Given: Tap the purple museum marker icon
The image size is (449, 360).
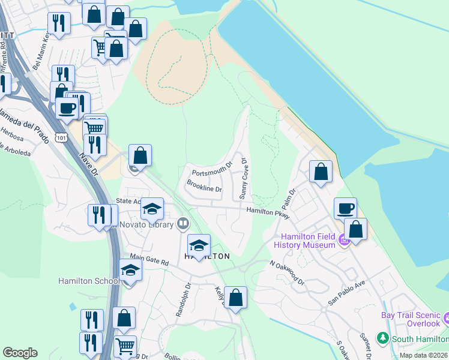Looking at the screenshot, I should (x=343, y=241).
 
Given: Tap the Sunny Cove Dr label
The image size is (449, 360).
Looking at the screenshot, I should (x=244, y=179).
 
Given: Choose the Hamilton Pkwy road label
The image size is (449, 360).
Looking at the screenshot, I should (x=268, y=212).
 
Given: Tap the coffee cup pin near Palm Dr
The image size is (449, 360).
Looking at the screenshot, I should (x=345, y=209).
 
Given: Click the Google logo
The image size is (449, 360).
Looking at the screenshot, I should (x=20, y=352).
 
